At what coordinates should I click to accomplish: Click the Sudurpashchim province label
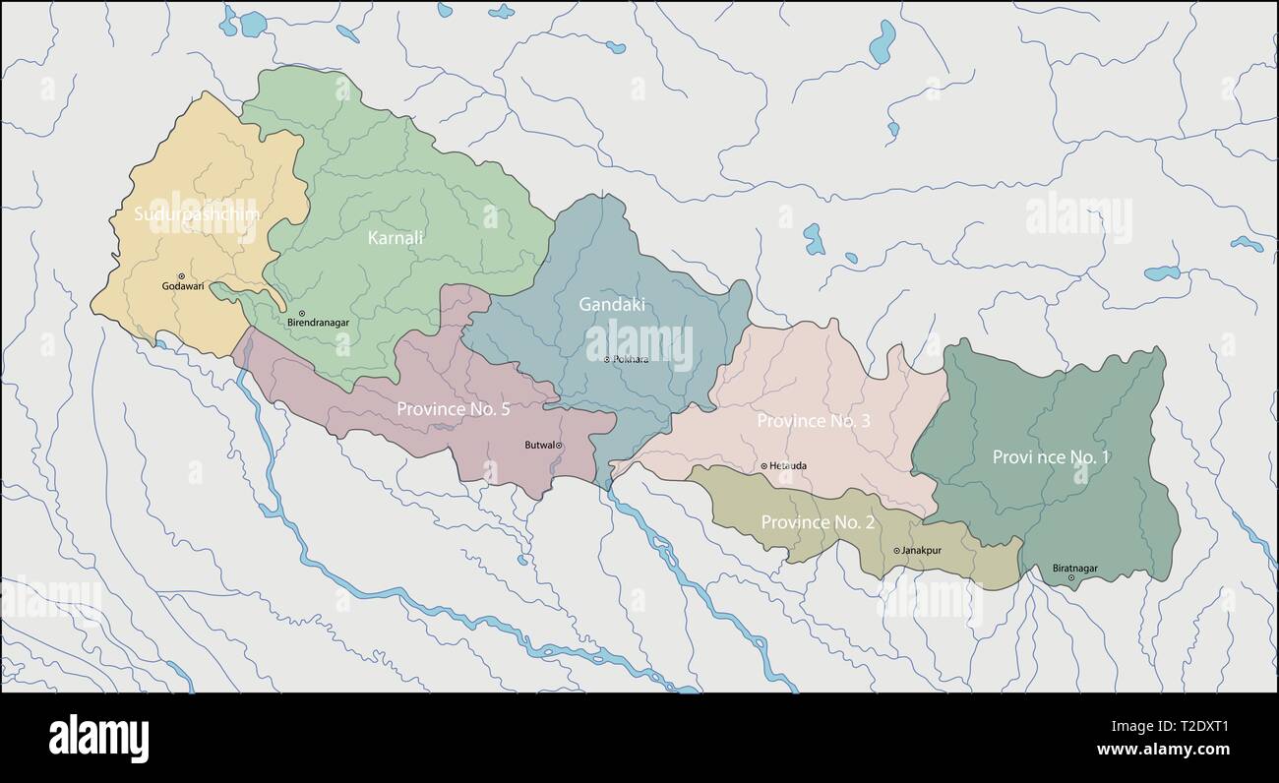(x=197, y=213)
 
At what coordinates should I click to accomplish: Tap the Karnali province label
(x=396, y=237)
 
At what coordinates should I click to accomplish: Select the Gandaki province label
(x=612, y=304)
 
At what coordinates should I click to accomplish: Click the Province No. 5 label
(x=453, y=408)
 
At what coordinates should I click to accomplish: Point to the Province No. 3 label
(x=814, y=420)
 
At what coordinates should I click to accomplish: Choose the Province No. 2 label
(x=818, y=521)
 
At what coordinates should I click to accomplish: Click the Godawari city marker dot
(x=181, y=276)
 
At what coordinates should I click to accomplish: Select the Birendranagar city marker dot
(x=302, y=313)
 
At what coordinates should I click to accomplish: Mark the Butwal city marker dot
(x=560, y=446)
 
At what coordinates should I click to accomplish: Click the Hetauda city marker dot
(x=764, y=466)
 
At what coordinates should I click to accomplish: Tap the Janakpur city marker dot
(x=896, y=551)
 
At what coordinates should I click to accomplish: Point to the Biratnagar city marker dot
(x=1071, y=577)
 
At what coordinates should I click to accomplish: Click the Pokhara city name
(x=631, y=359)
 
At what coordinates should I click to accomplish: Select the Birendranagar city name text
(x=318, y=323)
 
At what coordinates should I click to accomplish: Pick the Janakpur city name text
(x=922, y=551)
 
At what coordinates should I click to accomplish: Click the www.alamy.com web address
(x=1163, y=750)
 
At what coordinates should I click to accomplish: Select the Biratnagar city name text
(x=1074, y=568)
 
